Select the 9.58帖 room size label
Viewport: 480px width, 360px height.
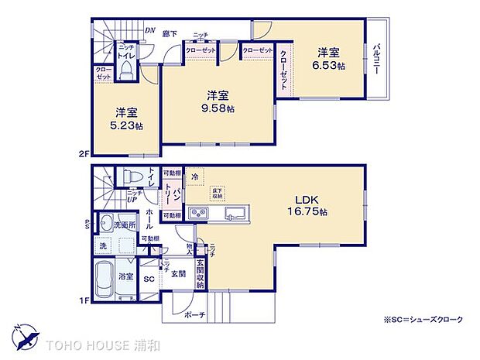218,108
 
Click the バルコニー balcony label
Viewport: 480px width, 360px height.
375,59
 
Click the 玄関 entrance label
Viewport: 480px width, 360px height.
178,274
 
